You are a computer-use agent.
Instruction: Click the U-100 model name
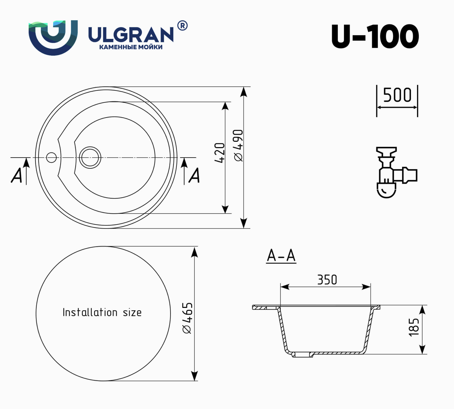[375, 36]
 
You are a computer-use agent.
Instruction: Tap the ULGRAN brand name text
[131, 35]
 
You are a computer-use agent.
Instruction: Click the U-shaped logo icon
[53, 37]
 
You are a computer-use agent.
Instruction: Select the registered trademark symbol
[182, 26]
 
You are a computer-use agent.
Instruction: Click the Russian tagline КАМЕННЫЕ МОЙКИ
[131, 47]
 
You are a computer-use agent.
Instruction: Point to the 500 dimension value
[397, 95]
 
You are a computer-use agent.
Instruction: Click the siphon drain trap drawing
[396, 172]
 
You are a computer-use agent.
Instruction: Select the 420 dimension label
[219, 153]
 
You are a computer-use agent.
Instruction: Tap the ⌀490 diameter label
[238, 145]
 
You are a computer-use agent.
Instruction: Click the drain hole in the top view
[90, 157]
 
